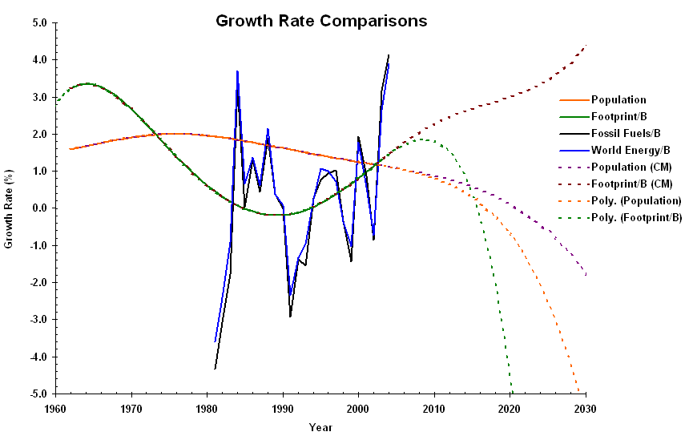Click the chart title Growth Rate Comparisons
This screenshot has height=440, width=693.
321,21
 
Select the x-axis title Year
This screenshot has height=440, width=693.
320,427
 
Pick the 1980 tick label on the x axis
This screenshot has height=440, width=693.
207,408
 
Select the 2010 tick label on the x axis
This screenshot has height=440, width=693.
433,408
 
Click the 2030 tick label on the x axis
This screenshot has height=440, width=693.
585,408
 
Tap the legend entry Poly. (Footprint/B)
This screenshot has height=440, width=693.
636,217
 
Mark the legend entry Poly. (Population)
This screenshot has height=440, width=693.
636,200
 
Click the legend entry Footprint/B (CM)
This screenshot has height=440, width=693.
631,184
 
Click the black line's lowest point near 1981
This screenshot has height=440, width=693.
215,369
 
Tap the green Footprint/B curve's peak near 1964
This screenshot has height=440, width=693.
87,83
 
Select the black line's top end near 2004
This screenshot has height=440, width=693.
389,55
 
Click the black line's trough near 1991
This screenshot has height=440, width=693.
290,317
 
